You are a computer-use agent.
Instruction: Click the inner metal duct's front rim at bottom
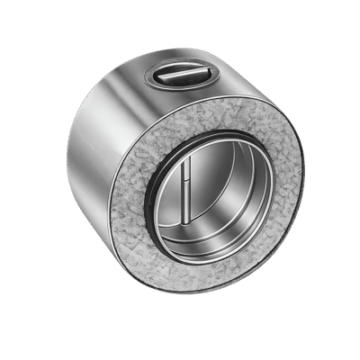pos(216,266)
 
